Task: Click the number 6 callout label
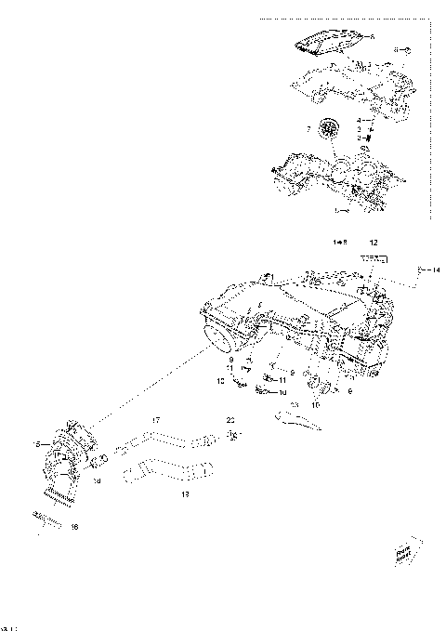click(373, 36)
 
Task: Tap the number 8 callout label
click(396, 48)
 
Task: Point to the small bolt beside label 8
click(406, 48)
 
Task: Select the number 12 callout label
click(373, 242)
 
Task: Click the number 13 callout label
click(184, 495)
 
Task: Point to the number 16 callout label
click(75, 527)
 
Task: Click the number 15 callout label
click(36, 444)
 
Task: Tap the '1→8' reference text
click(340, 242)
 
